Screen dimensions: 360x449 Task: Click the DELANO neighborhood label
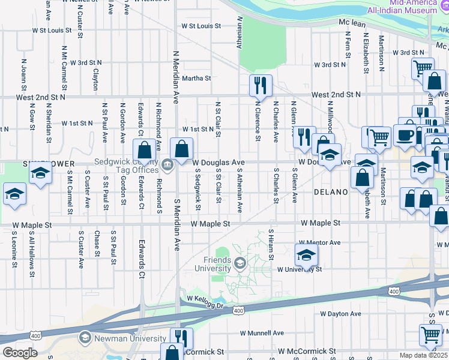point(331,192)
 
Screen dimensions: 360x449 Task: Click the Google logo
point(20,353)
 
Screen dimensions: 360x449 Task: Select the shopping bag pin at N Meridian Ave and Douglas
point(181,149)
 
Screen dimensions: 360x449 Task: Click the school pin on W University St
point(306,256)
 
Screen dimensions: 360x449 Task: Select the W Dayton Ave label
point(340,314)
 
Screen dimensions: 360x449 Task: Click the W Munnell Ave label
point(262,333)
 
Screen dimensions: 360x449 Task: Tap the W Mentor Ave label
point(321,243)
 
